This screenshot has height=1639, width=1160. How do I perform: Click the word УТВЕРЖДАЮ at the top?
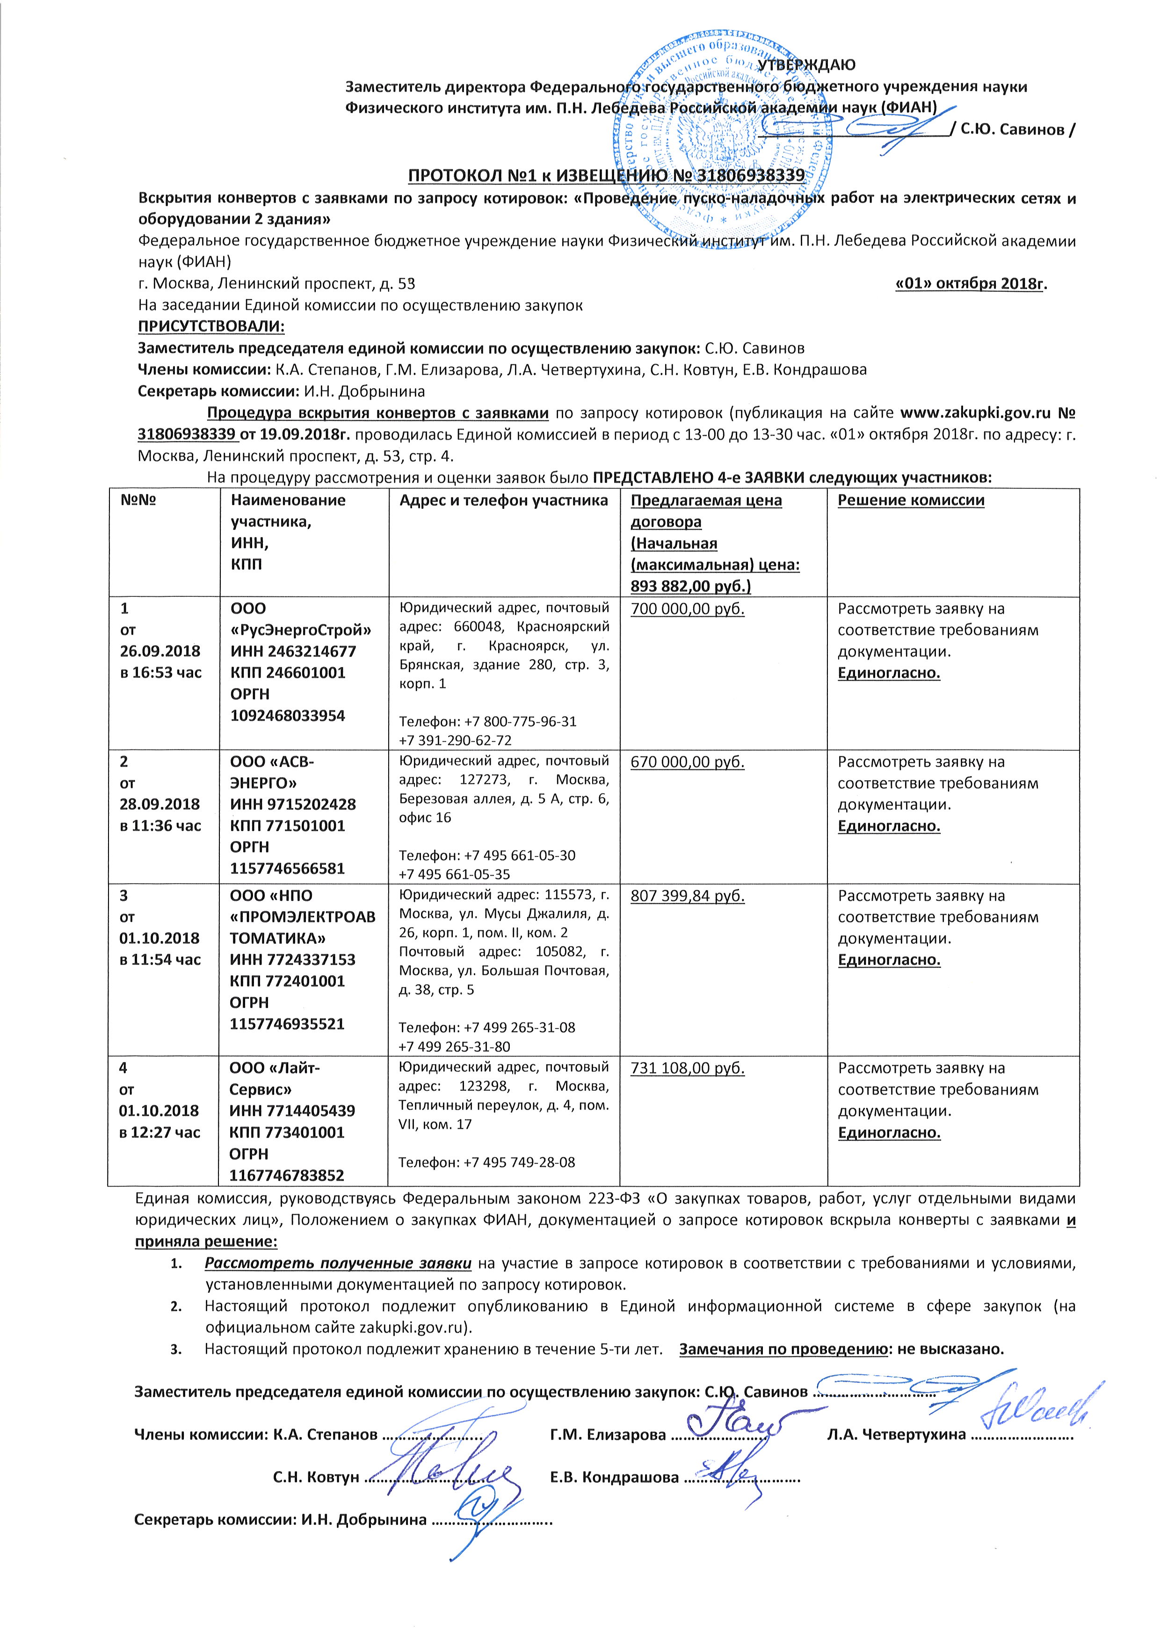pyautogui.click(x=806, y=65)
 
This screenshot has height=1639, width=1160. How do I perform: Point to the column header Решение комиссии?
pyautogui.click(x=911, y=500)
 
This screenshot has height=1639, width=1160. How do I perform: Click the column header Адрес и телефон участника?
pyautogui.click(x=504, y=500)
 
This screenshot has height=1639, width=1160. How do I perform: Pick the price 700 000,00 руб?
pyautogui.click(x=687, y=609)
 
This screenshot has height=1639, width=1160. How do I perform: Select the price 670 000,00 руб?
pyautogui.click(x=687, y=762)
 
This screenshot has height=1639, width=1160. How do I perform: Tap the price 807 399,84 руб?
pyautogui.click(x=687, y=896)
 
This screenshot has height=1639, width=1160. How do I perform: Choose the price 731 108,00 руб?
pyautogui.click(x=687, y=1068)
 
